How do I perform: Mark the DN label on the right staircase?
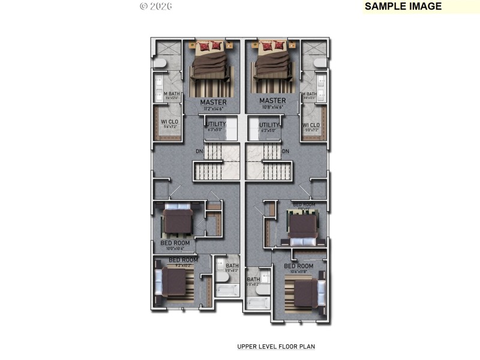[286, 151]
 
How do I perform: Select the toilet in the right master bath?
[320, 62]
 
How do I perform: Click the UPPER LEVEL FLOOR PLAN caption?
[275, 346]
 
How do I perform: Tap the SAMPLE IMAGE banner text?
[403, 7]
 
